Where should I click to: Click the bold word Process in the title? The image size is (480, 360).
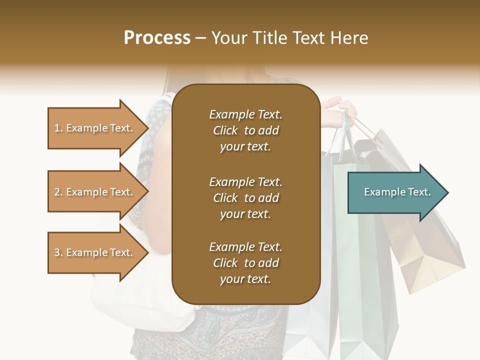click(x=157, y=38)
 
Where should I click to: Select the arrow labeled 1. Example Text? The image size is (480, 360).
click(x=95, y=128)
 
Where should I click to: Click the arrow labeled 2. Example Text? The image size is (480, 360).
click(x=95, y=192)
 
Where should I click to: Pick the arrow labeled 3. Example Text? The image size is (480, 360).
click(x=95, y=252)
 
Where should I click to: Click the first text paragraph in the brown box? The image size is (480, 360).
click(x=245, y=130)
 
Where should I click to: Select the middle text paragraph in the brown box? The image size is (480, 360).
click(x=245, y=198)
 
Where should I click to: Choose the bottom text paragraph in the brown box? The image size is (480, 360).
click(x=245, y=263)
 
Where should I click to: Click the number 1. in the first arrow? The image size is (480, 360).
click(x=58, y=128)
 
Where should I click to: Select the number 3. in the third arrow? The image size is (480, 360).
click(x=58, y=252)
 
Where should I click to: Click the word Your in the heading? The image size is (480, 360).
click(x=229, y=38)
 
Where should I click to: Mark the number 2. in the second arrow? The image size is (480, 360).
click(x=58, y=192)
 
